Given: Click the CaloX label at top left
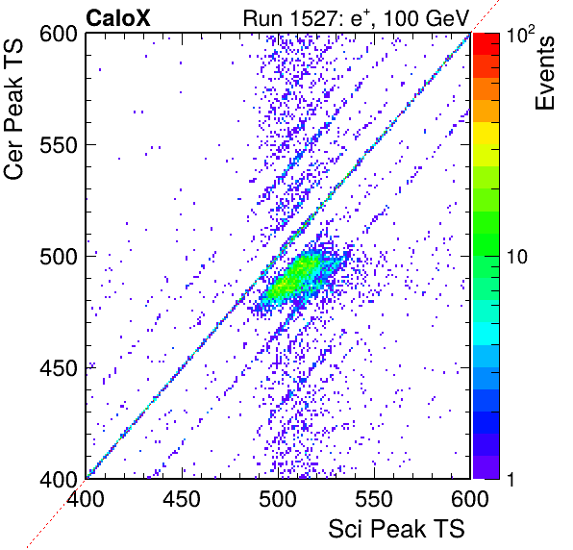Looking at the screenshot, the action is [x=117, y=18].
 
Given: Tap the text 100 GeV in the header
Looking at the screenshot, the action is [x=426, y=18].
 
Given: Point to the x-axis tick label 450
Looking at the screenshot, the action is [x=182, y=499].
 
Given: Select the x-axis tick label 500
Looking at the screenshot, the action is [x=278, y=499].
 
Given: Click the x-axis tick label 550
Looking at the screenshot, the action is [x=374, y=499].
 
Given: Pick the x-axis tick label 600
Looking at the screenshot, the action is [x=470, y=499].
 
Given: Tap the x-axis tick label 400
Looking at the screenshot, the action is [x=86, y=499].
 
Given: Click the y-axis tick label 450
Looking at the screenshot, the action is [x=59, y=368].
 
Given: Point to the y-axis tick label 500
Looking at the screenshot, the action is [x=59, y=257].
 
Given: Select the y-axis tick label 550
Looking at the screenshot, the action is [x=59, y=145].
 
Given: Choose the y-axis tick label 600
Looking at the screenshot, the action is [x=59, y=35].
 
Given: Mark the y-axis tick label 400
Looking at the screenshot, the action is [x=59, y=479].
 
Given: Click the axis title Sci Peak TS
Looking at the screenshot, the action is [x=396, y=529].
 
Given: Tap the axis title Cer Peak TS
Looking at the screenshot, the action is [x=13, y=109].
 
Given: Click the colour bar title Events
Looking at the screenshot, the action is [x=544, y=73].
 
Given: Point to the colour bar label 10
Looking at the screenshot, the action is [x=517, y=257].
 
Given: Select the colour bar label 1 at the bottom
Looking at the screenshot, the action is [x=511, y=479].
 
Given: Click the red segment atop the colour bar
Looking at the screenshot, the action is [x=486, y=44].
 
